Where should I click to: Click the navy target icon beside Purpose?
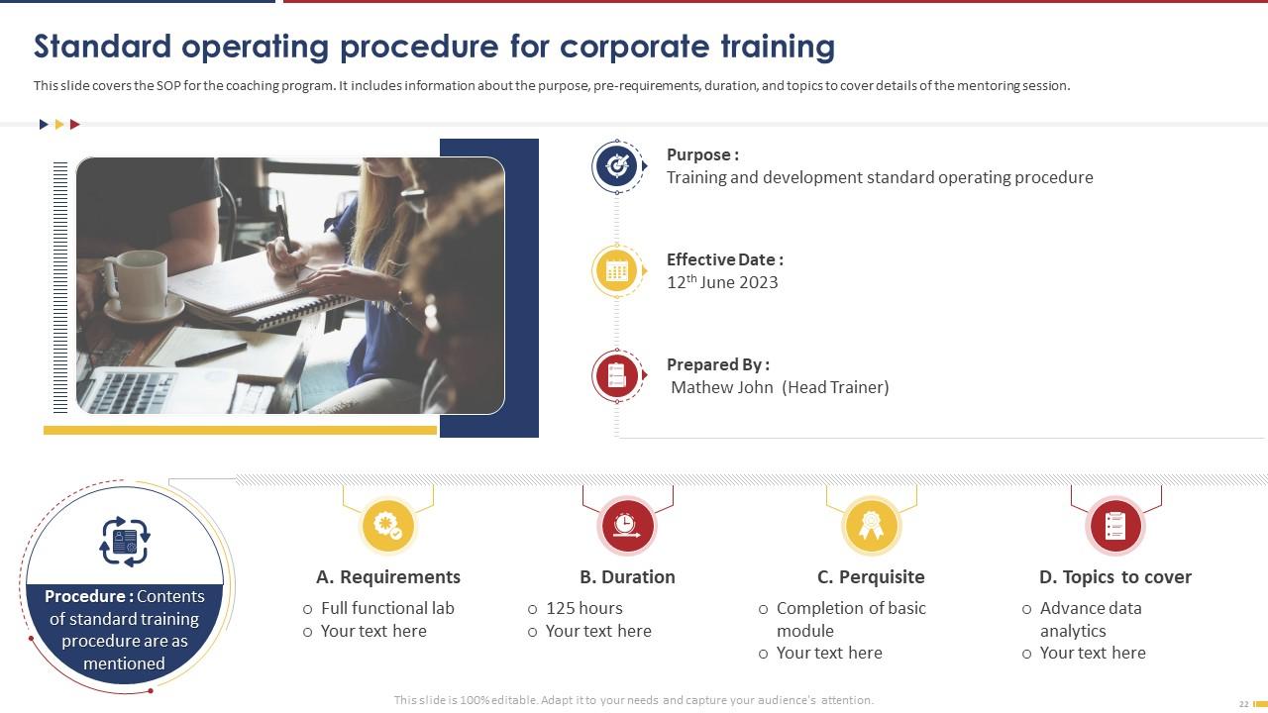pyautogui.click(x=617, y=166)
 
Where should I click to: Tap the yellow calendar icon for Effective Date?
pyautogui.click(x=617, y=271)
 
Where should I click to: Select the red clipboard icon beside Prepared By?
pyautogui.click(x=617, y=376)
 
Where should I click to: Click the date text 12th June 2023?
pyautogui.click(x=722, y=282)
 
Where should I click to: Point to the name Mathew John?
pyautogui.click(x=722, y=387)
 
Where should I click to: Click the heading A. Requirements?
pyautogui.click(x=388, y=577)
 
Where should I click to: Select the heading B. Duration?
pyautogui.click(x=627, y=577)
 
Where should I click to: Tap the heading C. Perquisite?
pyautogui.click(x=871, y=577)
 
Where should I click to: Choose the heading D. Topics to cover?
pyautogui.click(x=1114, y=577)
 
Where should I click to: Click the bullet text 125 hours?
pyautogui.click(x=583, y=608)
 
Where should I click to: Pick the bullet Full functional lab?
pyautogui.click(x=387, y=608)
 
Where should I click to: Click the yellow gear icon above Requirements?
pyautogui.click(x=387, y=526)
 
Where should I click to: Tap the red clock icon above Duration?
pyautogui.click(x=626, y=526)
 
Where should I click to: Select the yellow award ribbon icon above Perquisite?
pyautogui.click(x=871, y=526)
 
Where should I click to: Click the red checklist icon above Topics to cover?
pyautogui.click(x=1115, y=526)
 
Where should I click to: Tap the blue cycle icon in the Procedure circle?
pyautogui.click(x=125, y=542)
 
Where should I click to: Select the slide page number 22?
pyautogui.click(x=1243, y=704)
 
